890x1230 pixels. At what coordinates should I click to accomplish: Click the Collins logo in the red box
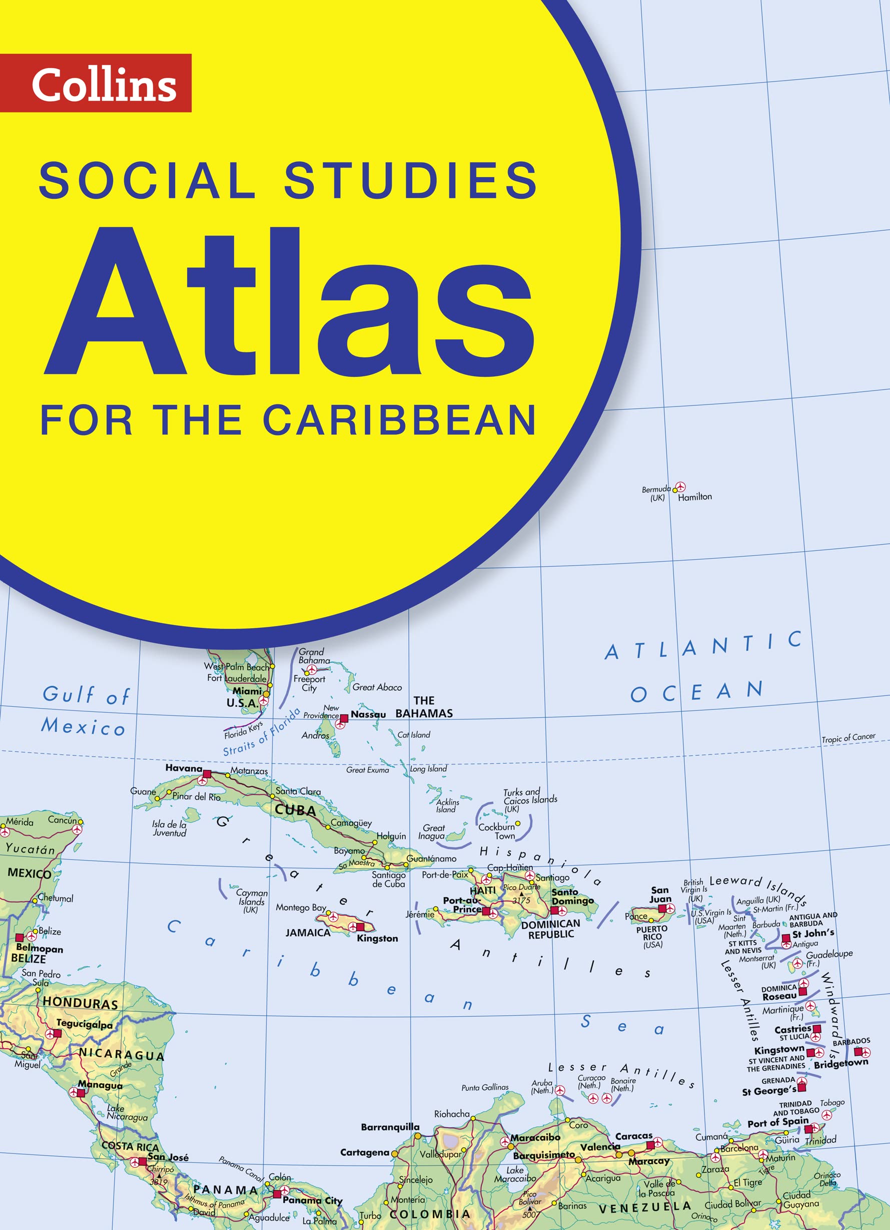(x=104, y=84)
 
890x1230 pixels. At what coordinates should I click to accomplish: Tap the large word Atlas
(x=290, y=301)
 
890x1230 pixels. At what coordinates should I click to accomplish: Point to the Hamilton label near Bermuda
(x=694, y=497)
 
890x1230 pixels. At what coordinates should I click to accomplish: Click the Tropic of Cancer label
(x=848, y=737)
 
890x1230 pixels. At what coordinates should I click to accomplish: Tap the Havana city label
(x=183, y=768)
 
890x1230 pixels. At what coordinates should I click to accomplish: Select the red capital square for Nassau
(x=344, y=718)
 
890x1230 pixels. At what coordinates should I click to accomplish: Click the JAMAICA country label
(x=308, y=932)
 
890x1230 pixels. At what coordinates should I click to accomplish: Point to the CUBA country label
(x=295, y=810)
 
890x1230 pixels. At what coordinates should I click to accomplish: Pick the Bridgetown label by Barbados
(x=840, y=1063)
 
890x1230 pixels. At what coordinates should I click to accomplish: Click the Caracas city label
(x=634, y=1135)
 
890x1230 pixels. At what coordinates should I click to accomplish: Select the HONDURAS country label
(x=80, y=1003)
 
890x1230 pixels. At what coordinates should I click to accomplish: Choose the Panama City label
(x=312, y=1200)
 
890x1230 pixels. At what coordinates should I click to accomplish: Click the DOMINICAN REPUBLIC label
(x=551, y=929)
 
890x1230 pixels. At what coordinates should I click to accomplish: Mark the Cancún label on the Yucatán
(x=63, y=820)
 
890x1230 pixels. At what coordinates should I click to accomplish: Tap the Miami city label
(x=247, y=691)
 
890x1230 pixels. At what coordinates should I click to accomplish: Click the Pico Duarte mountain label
(x=521, y=887)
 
